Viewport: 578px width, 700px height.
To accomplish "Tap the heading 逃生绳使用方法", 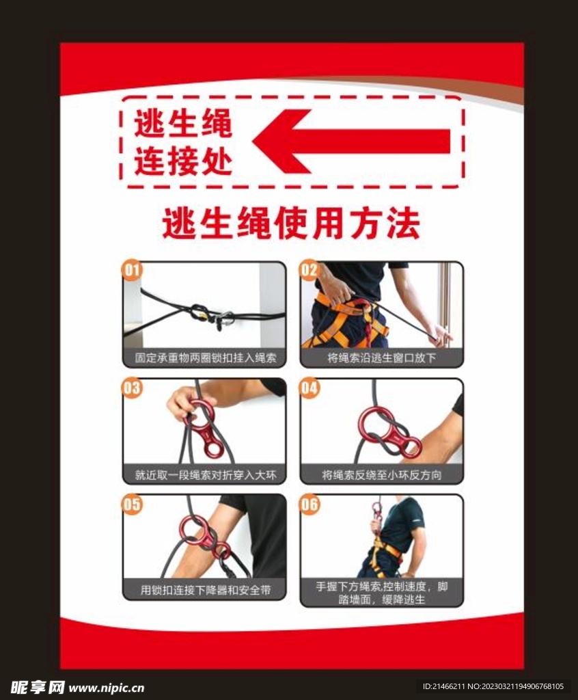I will tap(290, 224).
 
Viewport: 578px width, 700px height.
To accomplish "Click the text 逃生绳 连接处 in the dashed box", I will tap(182, 143).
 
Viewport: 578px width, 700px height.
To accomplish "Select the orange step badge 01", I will tap(132, 271).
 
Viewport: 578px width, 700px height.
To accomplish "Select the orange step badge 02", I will tap(309, 271).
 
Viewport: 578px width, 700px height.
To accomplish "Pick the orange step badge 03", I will tap(132, 388).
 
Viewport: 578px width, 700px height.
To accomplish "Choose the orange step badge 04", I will tap(309, 388).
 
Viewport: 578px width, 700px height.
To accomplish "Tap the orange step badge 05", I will tap(132, 504).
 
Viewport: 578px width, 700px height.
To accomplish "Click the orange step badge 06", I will tap(309, 504).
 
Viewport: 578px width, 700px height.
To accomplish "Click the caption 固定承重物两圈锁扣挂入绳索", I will tap(204, 358).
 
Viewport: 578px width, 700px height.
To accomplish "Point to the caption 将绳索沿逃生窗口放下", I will tap(381, 358).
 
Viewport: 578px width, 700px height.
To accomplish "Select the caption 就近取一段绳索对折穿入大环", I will tap(204, 474).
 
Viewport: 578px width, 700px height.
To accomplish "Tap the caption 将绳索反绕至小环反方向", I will tap(381, 474).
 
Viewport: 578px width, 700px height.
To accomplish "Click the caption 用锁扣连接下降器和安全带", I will tap(204, 590).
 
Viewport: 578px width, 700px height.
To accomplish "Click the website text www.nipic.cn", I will tap(107, 687).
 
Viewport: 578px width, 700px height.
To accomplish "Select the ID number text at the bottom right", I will tap(493, 686).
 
